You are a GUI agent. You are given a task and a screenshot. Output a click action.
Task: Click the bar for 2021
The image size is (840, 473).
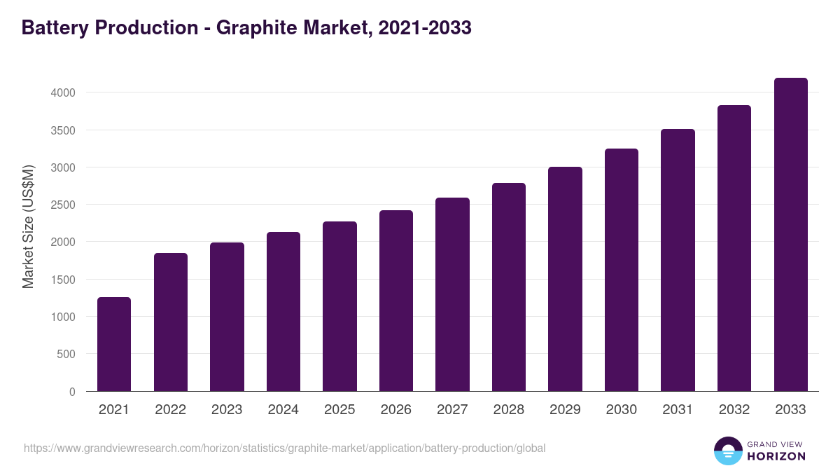tap(114, 344)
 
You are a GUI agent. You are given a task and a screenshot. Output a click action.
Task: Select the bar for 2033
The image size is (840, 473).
tap(790, 235)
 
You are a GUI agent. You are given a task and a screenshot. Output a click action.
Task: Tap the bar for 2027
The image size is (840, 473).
tap(452, 294)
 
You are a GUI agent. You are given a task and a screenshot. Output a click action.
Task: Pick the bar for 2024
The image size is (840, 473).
tap(283, 312)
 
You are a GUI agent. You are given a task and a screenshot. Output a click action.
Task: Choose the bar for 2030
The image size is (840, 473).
tap(622, 270)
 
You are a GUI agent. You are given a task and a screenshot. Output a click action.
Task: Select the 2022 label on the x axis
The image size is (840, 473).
tap(170, 410)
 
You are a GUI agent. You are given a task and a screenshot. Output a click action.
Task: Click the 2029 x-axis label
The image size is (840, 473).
tap(565, 410)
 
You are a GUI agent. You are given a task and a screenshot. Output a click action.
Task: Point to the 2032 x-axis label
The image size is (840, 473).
tap(734, 410)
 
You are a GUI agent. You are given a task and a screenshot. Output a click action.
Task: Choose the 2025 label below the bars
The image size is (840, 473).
tap(339, 410)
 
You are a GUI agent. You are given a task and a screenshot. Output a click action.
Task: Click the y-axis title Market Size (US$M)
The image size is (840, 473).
tap(28, 226)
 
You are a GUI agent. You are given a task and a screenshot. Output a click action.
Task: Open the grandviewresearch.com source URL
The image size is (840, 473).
tap(284, 448)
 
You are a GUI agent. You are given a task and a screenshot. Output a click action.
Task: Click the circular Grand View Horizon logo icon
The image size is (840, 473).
tap(727, 451)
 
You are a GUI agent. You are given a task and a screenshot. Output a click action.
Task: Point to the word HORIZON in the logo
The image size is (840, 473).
tap(776, 456)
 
